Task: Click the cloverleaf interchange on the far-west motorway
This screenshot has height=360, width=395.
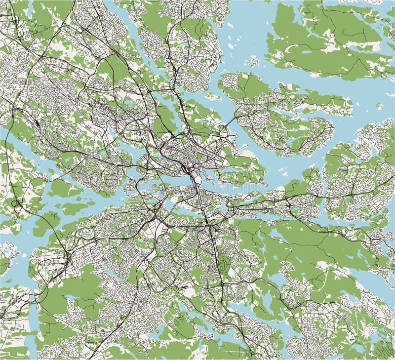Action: click(x=18, y=203)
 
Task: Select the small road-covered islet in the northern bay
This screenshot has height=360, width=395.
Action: click(x=254, y=62)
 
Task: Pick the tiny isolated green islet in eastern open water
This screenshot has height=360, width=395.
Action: click(x=379, y=105)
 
